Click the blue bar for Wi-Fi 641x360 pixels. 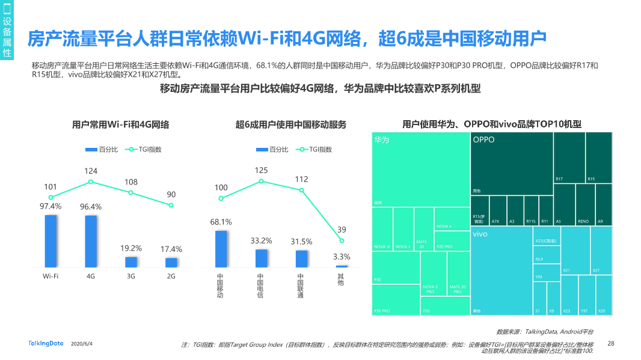51,241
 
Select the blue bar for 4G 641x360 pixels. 91,241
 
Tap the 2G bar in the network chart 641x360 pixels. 171,263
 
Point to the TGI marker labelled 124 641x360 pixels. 91,182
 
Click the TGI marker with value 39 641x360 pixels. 342,240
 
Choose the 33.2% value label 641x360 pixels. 261,240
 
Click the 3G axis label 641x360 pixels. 131,276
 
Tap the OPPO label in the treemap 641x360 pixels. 483,140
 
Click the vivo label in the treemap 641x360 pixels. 480,234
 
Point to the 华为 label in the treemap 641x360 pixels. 382,140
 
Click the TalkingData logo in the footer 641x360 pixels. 46,343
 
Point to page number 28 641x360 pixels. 611,343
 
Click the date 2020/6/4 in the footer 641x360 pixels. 82,344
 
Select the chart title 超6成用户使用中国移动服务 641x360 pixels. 291,124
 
